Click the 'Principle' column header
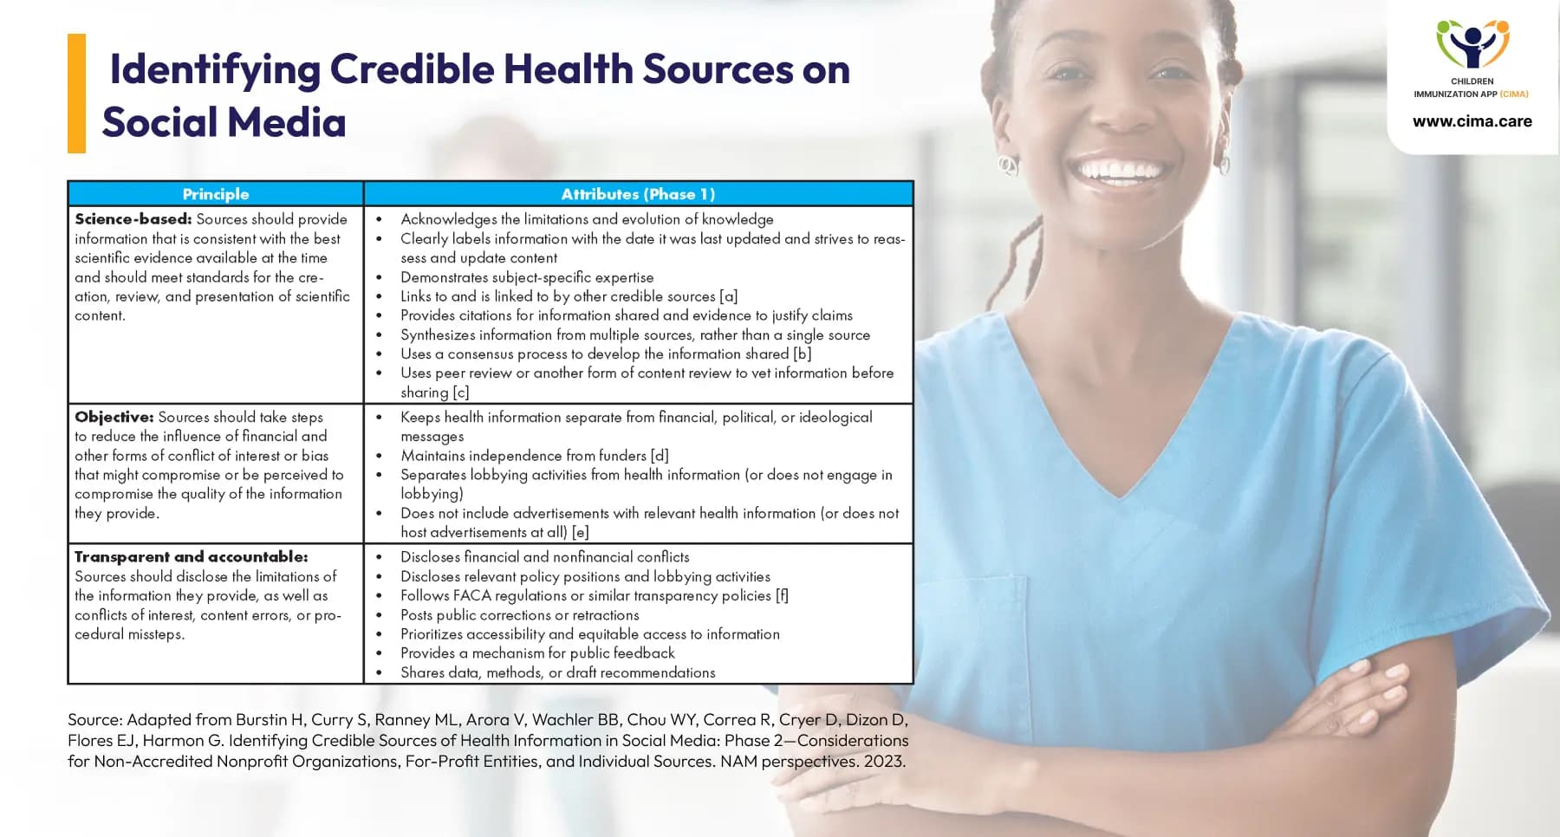(216, 194)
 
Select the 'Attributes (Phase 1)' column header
(638, 194)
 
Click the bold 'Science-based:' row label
(133, 219)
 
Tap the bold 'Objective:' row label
(114, 417)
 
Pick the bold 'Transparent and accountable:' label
(192, 556)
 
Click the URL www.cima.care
(1472, 121)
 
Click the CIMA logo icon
(1472, 44)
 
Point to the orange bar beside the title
(76, 94)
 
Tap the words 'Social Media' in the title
(224, 122)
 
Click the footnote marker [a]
(729, 296)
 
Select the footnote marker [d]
(660, 456)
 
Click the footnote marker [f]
(782, 595)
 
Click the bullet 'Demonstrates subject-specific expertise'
(527, 277)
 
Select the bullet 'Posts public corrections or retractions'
(520, 615)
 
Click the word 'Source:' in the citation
(94, 719)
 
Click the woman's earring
(1007, 164)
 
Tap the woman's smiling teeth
(1120, 169)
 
